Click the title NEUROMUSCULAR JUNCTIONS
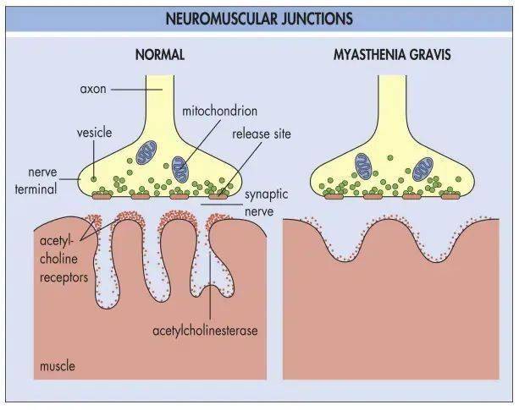point(259,19)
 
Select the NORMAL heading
point(160,54)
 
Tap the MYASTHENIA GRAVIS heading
point(392,54)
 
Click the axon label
point(93,89)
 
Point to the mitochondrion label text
point(220,111)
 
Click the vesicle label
point(94,133)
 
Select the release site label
point(262,134)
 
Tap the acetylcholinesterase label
point(205,330)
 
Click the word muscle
point(58,366)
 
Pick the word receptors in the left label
point(63,277)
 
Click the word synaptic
point(266,194)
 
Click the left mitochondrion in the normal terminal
point(146,152)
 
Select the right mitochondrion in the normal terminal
point(180,169)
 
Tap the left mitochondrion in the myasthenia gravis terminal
point(364,167)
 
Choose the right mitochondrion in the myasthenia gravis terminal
point(423,168)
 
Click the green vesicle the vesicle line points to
point(94,179)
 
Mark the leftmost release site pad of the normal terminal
point(102,197)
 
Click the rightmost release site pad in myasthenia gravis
point(450,196)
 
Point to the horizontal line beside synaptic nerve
point(222,205)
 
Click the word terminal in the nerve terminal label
point(36,189)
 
